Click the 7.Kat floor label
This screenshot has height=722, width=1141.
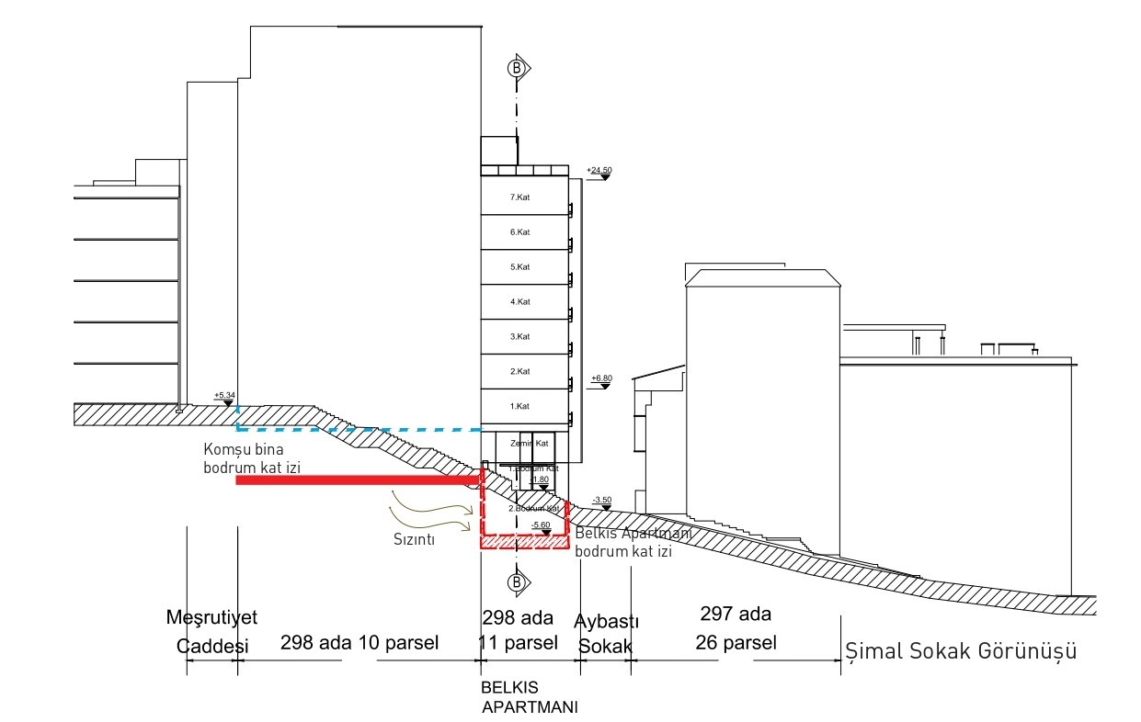point(519,197)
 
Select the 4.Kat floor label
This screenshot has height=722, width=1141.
point(519,301)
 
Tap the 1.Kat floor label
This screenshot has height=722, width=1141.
point(519,405)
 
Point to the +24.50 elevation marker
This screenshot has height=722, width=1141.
point(599,172)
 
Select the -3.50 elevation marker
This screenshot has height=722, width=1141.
point(602,501)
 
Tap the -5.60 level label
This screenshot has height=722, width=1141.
point(541,525)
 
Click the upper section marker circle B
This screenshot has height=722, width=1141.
point(517,67)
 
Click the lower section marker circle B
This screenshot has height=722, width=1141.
point(517,582)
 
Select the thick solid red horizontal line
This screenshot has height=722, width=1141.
point(359,479)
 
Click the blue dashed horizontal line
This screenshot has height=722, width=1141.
point(359,429)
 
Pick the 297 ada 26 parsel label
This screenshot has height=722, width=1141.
point(736,628)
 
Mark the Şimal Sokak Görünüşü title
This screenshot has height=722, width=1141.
point(961,651)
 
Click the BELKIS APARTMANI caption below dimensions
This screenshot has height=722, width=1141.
point(529,697)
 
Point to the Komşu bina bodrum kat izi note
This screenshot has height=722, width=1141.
point(253,459)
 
